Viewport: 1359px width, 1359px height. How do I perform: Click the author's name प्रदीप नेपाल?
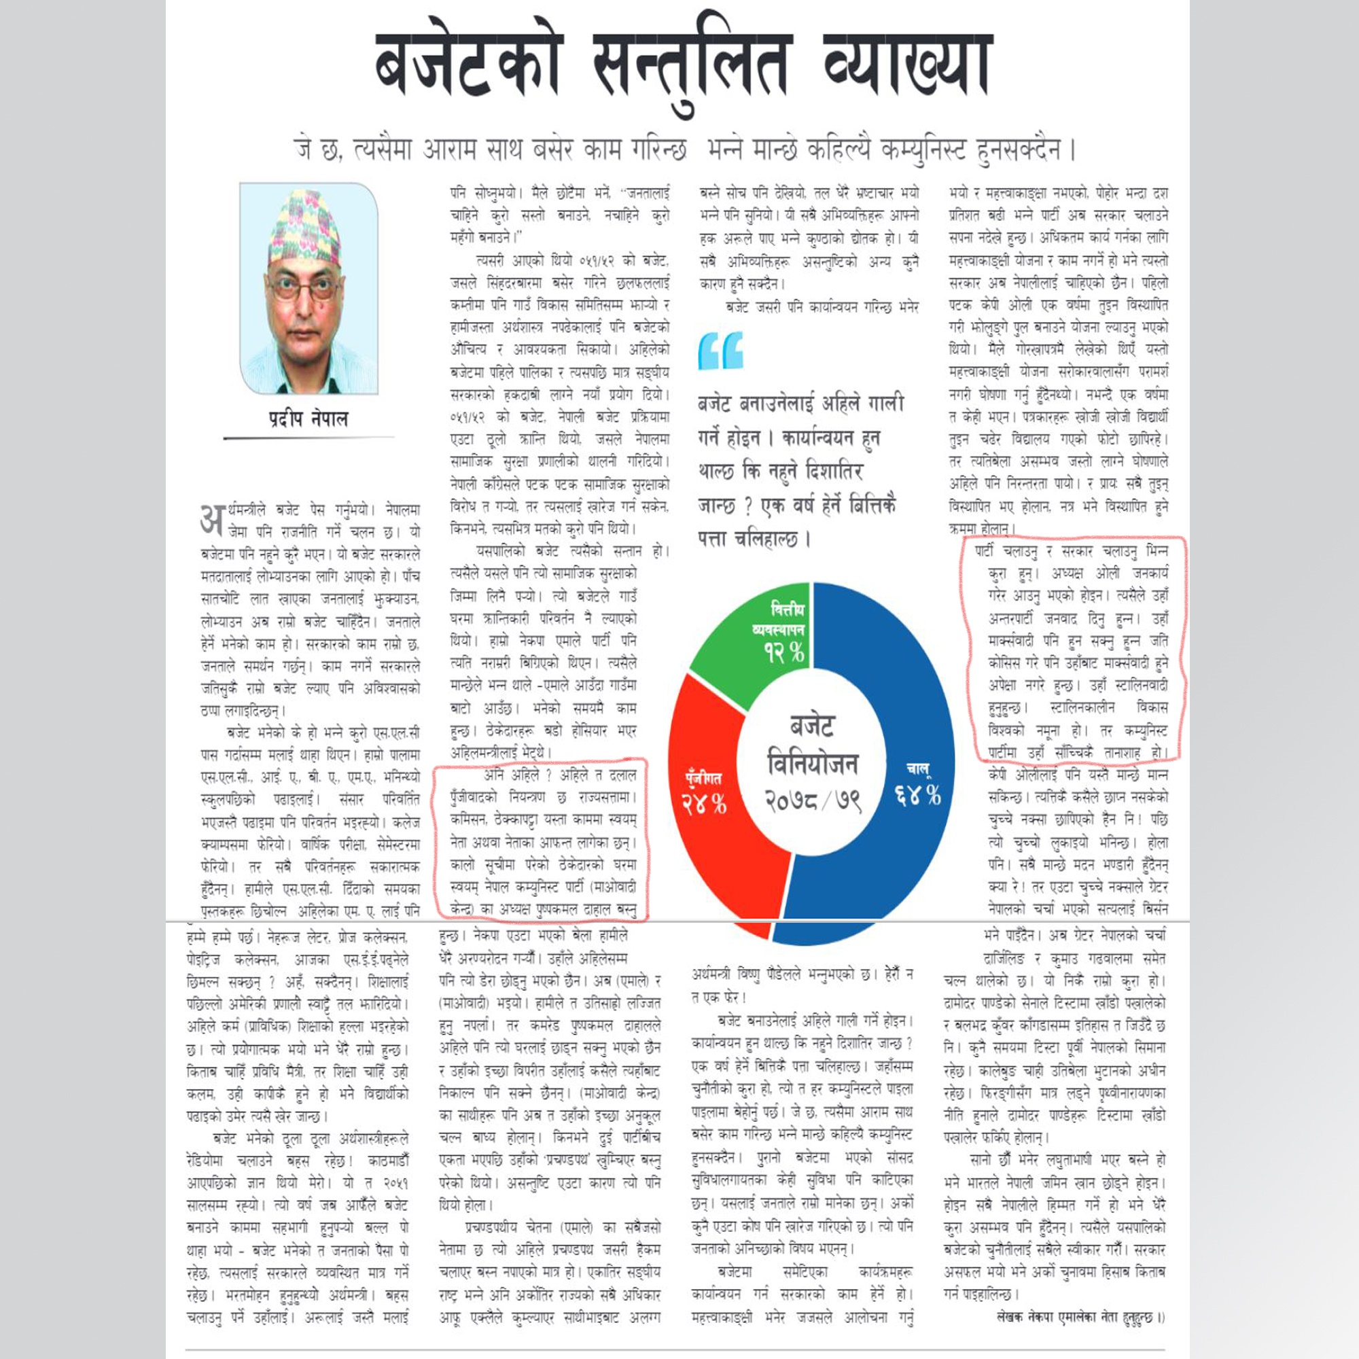click(308, 419)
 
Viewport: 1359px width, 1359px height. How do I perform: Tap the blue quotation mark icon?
click(720, 351)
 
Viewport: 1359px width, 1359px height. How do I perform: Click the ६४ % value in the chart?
click(917, 794)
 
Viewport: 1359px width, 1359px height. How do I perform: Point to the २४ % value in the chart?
click(703, 802)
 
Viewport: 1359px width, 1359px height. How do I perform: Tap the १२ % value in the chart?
click(784, 652)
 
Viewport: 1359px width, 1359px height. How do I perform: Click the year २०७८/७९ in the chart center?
click(813, 800)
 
